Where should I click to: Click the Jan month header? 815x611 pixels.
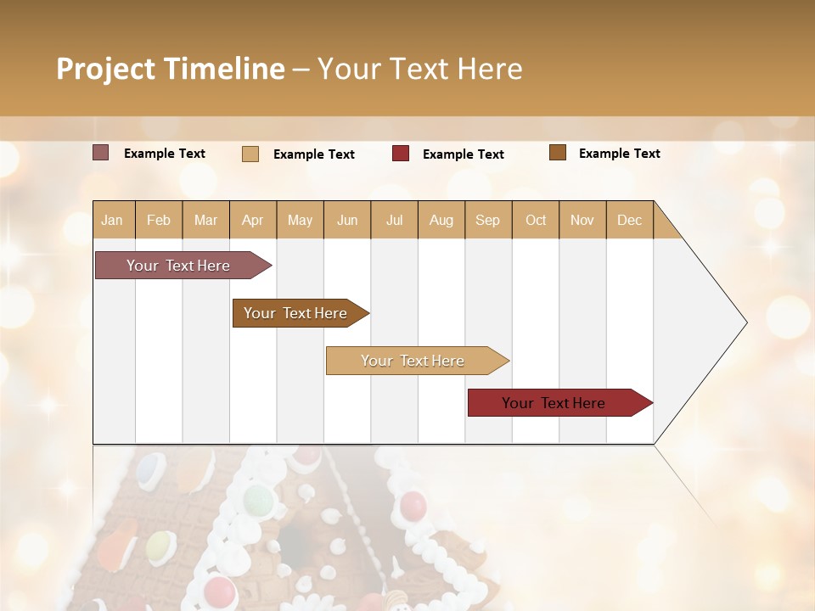(x=113, y=220)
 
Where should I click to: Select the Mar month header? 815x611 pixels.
(x=205, y=220)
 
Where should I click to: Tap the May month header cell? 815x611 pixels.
(x=300, y=220)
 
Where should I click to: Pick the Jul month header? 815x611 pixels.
(x=394, y=220)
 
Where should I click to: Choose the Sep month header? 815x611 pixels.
(x=487, y=220)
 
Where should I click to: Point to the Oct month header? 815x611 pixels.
(x=536, y=220)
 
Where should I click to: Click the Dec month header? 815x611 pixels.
(x=629, y=220)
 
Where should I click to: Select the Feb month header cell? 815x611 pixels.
(x=159, y=220)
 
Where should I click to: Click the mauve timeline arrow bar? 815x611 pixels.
(x=179, y=266)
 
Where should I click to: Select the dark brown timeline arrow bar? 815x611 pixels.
(x=296, y=313)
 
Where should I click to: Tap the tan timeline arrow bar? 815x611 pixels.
(x=413, y=361)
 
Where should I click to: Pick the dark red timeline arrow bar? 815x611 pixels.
(x=554, y=403)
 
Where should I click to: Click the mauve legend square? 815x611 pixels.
(x=100, y=153)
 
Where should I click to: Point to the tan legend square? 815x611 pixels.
(x=250, y=154)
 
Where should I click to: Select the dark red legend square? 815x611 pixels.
(x=401, y=154)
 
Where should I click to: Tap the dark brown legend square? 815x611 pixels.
(x=558, y=153)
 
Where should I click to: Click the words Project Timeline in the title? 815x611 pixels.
(x=170, y=69)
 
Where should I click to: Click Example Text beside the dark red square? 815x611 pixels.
(x=463, y=154)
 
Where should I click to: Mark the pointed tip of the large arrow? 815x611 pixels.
(x=745, y=322)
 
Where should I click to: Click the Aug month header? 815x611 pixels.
(x=441, y=220)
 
